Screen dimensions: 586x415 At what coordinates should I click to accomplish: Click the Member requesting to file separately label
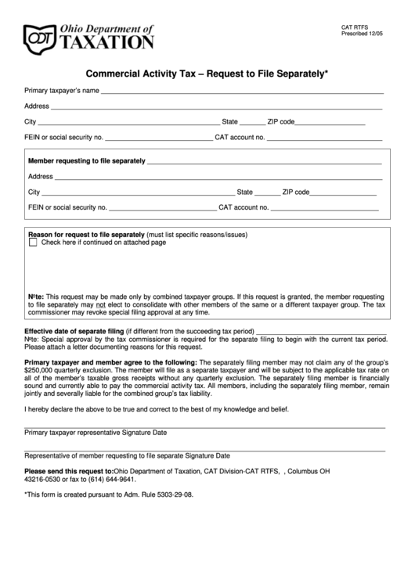[x=86, y=161]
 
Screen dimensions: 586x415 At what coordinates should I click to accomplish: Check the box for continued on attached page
[x=33, y=243]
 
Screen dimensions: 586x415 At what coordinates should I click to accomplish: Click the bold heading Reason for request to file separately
[x=86, y=235]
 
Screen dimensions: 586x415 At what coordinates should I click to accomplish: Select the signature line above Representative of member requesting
[x=204, y=450]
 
